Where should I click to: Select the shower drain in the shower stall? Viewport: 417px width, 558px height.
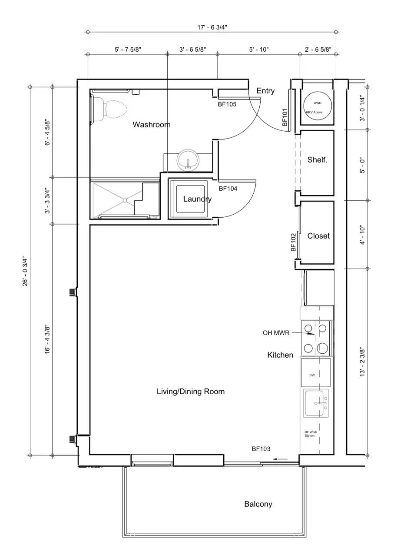[125, 200]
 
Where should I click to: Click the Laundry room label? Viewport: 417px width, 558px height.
[198, 199]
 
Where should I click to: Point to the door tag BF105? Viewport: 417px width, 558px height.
[227, 104]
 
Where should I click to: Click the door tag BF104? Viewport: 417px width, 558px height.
[228, 188]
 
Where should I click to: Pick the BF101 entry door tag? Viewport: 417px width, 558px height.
[285, 117]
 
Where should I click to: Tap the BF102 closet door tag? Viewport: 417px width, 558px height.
[294, 242]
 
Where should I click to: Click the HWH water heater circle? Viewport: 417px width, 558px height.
[318, 106]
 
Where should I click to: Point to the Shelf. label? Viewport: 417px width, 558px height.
[318, 159]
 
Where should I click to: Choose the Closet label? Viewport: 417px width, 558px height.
[318, 236]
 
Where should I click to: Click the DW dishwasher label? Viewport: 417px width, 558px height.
[312, 375]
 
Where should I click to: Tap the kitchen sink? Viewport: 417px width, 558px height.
[316, 403]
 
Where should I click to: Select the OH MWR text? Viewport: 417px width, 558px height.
[276, 333]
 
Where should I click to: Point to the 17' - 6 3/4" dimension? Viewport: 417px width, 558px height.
[212, 27]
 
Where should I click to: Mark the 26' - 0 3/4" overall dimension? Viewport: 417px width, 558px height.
[25, 271]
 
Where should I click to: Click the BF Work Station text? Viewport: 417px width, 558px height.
[311, 434]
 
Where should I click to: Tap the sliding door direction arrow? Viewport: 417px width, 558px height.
[280, 459]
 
